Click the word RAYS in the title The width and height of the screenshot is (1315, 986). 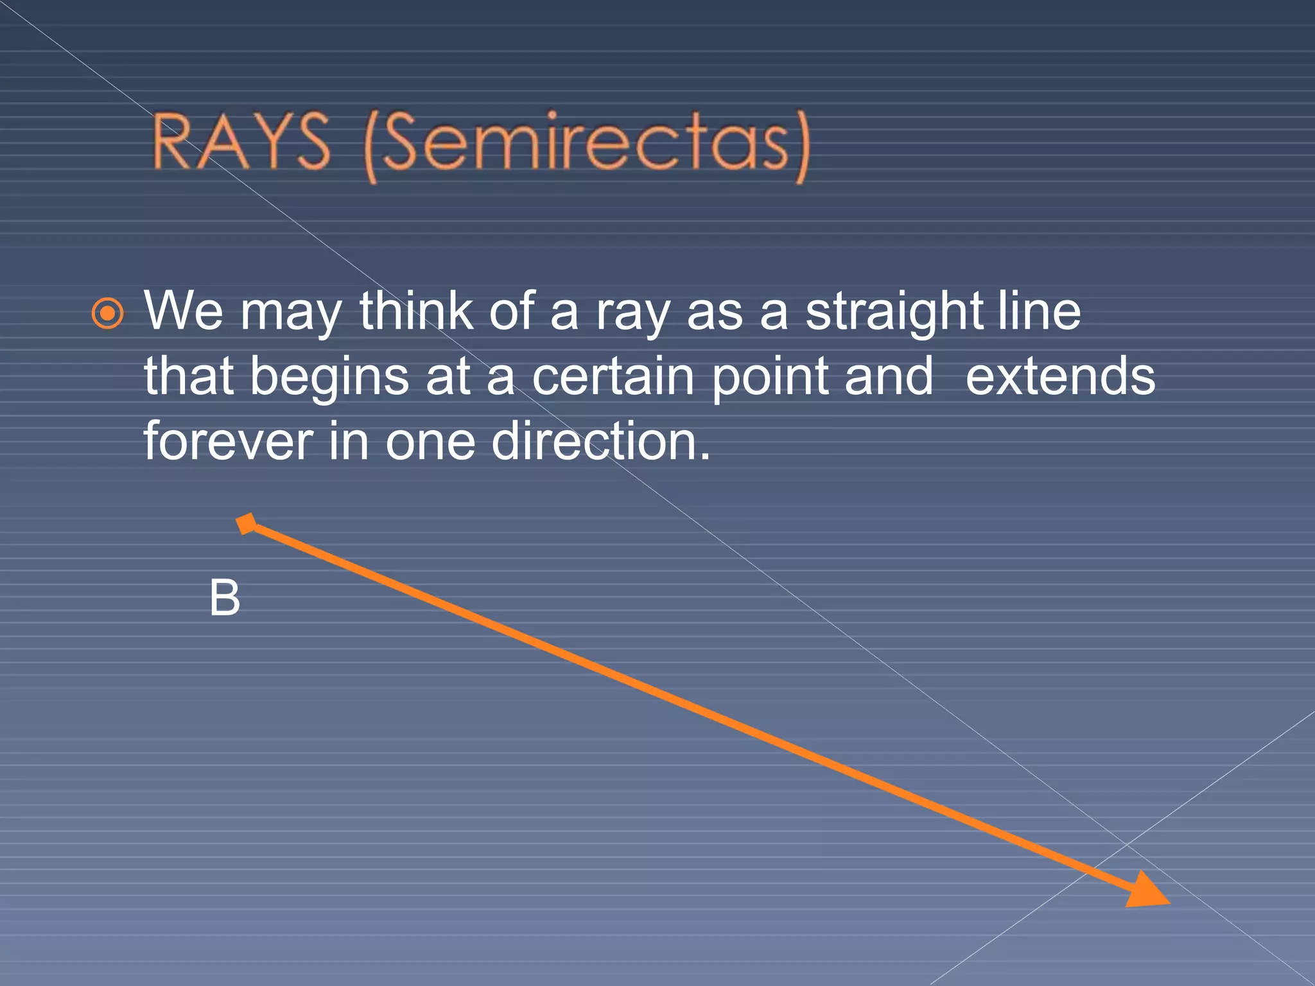[241, 143]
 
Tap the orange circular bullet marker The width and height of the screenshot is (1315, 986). [107, 314]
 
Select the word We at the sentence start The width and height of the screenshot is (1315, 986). [184, 311]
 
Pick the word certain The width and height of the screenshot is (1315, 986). [613, 376]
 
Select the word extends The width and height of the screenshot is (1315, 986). [1060, 376]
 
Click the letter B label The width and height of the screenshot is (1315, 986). [225, 598]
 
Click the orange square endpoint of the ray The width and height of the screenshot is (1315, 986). [247, 524]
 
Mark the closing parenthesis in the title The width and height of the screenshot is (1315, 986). [802, 146]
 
